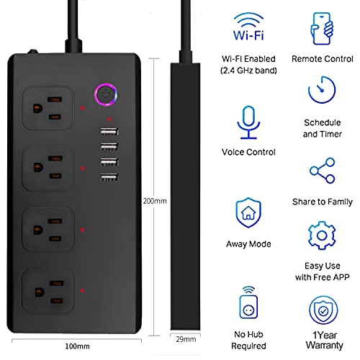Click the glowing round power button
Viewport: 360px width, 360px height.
pos(106,94)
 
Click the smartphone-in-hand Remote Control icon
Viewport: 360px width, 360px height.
pos(322,29)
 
